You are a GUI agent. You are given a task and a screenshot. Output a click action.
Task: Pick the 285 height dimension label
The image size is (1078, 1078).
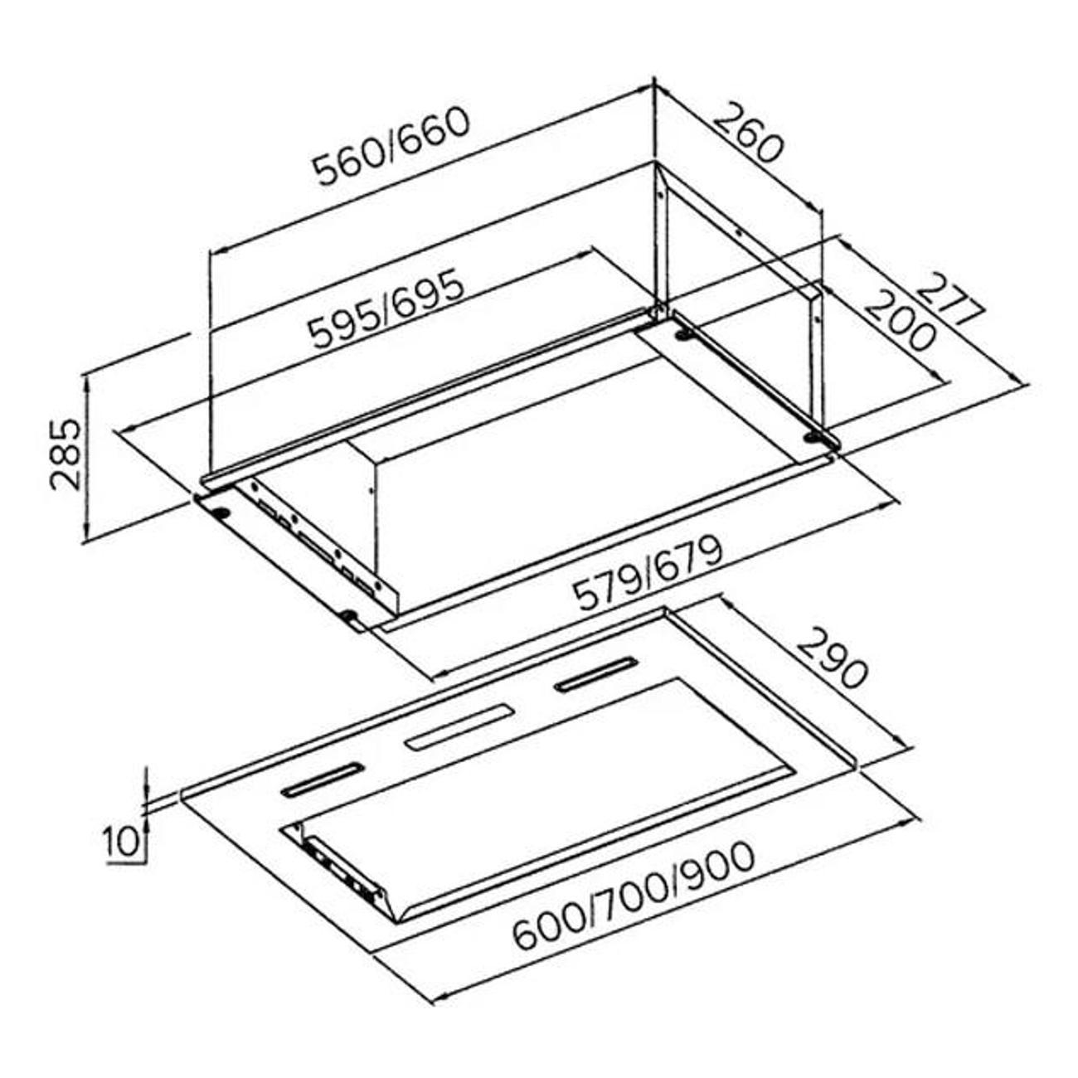point(66,454)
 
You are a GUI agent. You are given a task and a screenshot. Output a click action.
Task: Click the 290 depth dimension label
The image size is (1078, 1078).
point(831,658)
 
